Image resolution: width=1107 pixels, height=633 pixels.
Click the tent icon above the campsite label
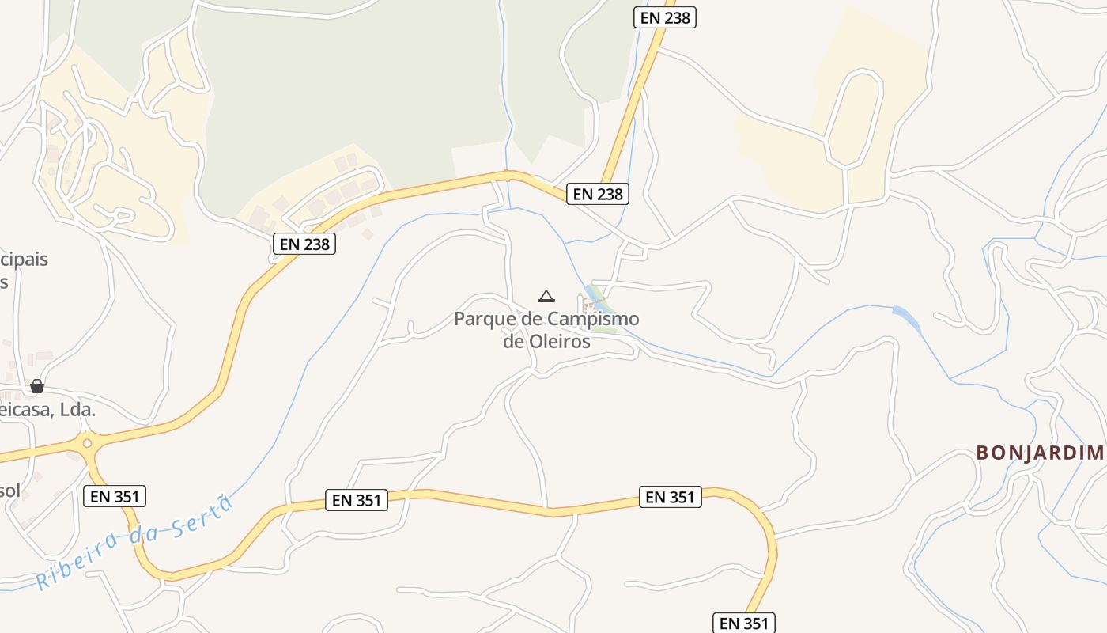pyautogui.click(x=546, y=297)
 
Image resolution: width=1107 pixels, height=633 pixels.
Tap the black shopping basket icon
pyautogui.click(x=36, y=386)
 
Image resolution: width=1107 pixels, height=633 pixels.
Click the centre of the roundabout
pyautogui.click(x=87, y=444)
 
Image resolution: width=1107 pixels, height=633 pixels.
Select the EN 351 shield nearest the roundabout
pyautogui.click(x=115, y=496)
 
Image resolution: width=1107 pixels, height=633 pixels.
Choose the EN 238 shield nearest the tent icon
pyautogui.click(x=598, y=194)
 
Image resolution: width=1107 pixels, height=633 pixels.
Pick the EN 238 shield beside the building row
pyautogui.click(x=304, y=244)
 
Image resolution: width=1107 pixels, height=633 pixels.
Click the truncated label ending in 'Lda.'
pyautogui.click(x=47, y=410)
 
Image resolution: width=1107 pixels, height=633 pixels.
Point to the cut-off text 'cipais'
pyautogui.click(x=24, y=260)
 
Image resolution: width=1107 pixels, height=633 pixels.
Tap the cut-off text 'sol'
pyautogui.click(x=9, y=490)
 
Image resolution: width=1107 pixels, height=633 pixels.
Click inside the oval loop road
pyautogui.click(x=852, y=119)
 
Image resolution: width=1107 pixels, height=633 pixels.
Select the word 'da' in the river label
pyautogui.click(x=148, y=532)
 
